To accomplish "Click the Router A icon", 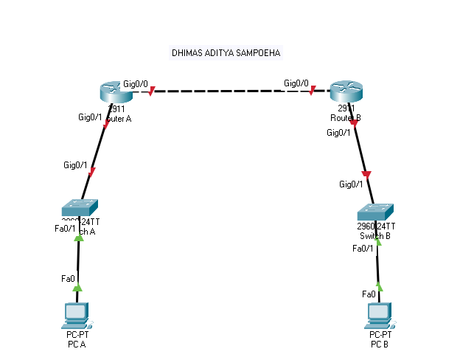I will click(115, 92).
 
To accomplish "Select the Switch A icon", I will click(80, 207).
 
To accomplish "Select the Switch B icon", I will click(374, 211).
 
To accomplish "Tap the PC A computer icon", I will click(77, 315).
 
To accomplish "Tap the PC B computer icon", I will click(379, 315).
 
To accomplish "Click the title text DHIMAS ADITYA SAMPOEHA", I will click(226, 54).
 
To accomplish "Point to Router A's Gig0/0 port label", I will click(136, 83).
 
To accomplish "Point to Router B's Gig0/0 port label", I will click(296, 83).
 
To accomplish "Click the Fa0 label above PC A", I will click(68, 278).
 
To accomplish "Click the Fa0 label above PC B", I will click(369, 294).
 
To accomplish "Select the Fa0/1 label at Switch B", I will click(363, 249).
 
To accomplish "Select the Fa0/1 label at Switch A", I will click(65, 229).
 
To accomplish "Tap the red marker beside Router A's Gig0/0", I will click(152, 92).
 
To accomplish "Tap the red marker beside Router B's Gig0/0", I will click(313, 91).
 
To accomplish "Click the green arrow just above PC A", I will click(77, 288).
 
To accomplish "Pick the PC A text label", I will click(77, 344).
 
